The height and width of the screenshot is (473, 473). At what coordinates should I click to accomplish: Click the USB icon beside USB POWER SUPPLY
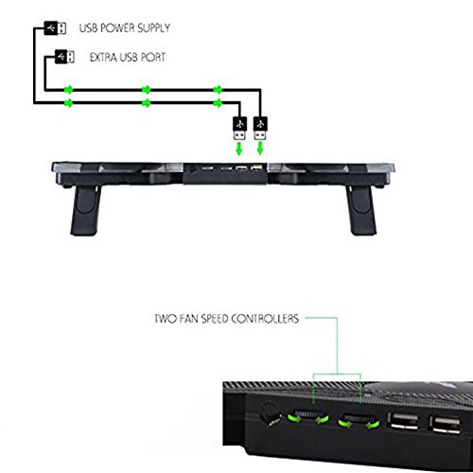tap(55, 28)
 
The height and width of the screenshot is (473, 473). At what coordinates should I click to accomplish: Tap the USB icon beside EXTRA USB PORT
tap(64, 57)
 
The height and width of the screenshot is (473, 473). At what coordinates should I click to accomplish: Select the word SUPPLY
tap(154, 28)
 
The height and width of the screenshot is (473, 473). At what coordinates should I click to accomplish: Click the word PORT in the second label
tap(153, 57)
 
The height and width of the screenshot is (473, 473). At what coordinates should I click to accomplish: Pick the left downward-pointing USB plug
tap(239, 129)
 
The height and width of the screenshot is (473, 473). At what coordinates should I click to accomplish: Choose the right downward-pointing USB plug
tap(260, 129)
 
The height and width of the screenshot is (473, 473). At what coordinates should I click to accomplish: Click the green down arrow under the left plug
tap(239, 149)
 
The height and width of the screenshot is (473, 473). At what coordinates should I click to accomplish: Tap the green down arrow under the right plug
tap(260, 149)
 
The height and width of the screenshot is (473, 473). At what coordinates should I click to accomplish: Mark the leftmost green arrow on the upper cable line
tap(68, 90)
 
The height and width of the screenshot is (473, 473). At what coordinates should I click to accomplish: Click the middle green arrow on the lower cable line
tap(146, 103)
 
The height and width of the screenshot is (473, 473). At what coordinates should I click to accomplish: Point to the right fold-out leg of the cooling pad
tap(361, 210)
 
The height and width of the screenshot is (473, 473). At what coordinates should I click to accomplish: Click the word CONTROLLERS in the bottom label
tap(265, 319)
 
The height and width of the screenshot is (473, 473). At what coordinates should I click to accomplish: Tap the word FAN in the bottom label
tap(189, 319)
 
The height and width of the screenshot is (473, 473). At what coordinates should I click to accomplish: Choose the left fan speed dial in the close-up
tap(308, 417)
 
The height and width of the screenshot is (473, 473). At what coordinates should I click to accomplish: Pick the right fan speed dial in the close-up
tap(359, 421)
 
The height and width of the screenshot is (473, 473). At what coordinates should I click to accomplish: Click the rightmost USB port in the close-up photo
tap(446, 425)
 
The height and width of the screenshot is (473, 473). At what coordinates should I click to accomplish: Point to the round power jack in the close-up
tap(270, 413)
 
